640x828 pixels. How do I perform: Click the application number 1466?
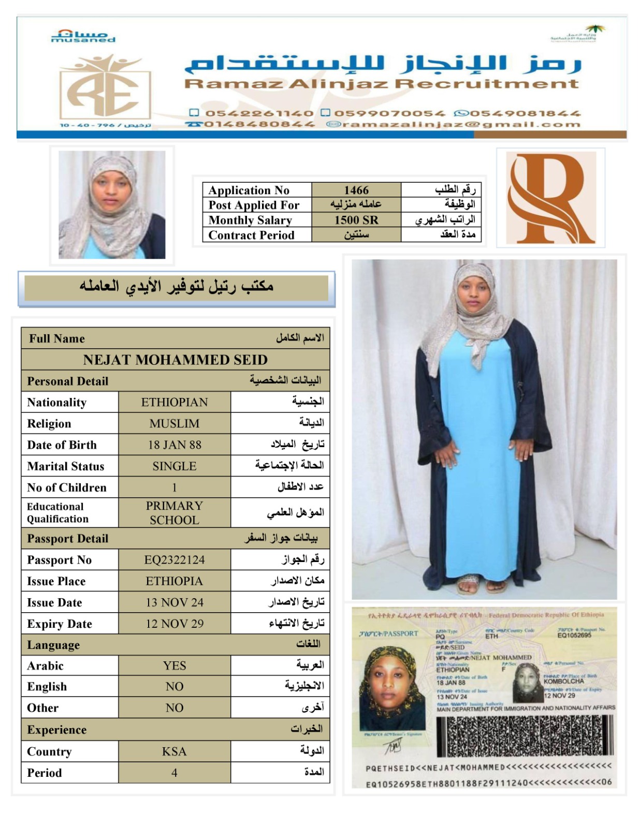(356, 190)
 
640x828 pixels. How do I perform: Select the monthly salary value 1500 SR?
(356, 220)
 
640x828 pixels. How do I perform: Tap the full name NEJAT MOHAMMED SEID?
(175, 360)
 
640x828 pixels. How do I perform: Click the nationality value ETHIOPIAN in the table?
(174, 402)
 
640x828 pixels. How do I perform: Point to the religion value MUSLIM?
(174, 423)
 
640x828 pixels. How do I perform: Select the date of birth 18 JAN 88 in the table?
(174, 445)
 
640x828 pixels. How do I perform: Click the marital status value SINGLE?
(174, 466)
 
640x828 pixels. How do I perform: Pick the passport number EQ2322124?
(174, 559)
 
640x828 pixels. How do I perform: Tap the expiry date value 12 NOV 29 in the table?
(174, 624)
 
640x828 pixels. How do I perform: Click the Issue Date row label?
(54, 602)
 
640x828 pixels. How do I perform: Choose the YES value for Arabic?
(174, 666)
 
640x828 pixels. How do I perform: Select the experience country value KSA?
(174, 751)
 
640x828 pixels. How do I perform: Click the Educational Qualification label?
(57, 512)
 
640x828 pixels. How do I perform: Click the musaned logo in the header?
(83, 36)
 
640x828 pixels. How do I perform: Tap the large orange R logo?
(550, 199)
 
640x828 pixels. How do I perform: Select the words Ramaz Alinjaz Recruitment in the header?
(382, 84)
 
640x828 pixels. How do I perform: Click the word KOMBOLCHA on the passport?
(563, 681)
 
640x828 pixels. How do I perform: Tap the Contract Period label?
(251, 235)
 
